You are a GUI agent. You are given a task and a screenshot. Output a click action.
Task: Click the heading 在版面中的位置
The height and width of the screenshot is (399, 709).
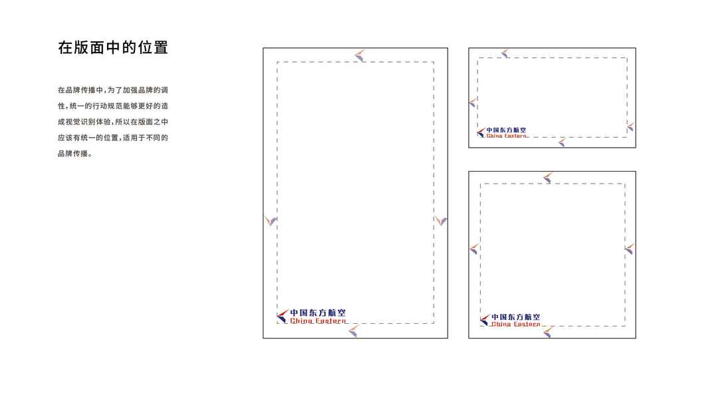coord(112,48)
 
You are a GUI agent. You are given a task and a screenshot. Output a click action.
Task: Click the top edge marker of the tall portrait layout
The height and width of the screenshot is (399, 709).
coord(359,55)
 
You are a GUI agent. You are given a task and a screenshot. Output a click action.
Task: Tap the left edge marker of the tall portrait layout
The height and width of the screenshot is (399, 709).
coord(270,220)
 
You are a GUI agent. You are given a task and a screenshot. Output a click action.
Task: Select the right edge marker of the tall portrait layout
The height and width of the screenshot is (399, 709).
coord(440,221)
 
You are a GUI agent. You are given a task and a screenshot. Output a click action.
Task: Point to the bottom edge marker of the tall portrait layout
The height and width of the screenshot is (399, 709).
coord(353,331)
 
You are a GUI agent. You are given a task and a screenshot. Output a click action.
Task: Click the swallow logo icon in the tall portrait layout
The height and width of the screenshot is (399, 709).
coord(283,316)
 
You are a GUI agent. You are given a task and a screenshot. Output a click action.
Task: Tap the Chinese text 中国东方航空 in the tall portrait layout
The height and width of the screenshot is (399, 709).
coord(318,313)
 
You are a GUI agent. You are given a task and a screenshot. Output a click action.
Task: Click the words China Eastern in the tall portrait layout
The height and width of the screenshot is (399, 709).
coord(318,321)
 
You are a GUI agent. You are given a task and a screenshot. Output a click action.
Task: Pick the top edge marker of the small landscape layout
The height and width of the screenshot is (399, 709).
coord(505,53)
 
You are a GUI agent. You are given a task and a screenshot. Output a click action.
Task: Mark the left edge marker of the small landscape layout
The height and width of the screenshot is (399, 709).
coord(473,102)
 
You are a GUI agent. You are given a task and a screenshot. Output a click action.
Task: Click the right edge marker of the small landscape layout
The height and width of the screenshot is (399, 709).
coord(631,126)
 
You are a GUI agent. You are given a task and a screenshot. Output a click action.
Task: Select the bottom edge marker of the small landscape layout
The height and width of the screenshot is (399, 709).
coord(561,142)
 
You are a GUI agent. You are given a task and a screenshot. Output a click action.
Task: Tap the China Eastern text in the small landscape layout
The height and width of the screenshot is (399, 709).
coord(507,136)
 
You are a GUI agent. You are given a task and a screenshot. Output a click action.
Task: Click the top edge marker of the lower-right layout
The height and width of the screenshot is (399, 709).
coord(547,178)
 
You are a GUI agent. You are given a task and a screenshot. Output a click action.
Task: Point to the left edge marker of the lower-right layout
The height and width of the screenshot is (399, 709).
coord(474,249)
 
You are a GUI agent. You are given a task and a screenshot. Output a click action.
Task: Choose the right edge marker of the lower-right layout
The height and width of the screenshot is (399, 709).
coord(629,249)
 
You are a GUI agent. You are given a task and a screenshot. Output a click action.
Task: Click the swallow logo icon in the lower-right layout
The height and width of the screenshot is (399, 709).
coord(485,320)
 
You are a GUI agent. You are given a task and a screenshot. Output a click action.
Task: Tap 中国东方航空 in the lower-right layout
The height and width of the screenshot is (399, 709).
coord(516,317)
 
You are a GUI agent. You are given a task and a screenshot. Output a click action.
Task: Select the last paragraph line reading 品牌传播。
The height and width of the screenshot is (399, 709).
coord(73,154)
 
